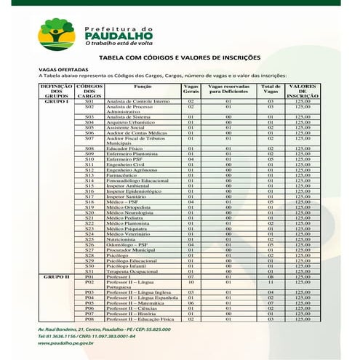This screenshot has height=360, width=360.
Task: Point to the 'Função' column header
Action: [143, 86]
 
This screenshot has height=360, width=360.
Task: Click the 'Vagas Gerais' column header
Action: [191, 89]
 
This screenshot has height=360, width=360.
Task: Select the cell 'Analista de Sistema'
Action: [129, 116]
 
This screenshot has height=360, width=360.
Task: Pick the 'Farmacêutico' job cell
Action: [121, 175]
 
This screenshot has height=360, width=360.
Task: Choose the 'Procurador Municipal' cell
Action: [131, 249]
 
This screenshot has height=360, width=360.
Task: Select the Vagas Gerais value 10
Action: [191, 281]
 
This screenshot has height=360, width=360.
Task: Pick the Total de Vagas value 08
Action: [270, 276]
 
